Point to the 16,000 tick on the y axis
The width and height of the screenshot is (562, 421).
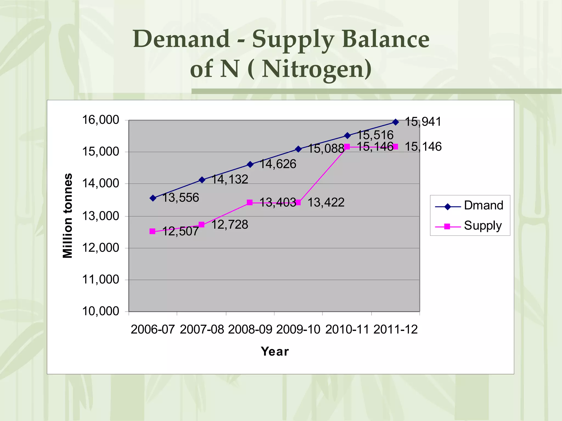100,120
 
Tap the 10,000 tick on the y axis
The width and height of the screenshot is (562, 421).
100,311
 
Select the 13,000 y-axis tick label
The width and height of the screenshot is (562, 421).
100,216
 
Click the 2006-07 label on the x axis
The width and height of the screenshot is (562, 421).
153,329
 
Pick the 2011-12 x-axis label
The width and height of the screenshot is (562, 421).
395,329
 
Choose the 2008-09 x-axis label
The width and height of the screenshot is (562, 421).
250,329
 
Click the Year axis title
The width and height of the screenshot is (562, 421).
275,351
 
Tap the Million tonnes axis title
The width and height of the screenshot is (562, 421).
68,216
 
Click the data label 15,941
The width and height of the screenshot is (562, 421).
423,122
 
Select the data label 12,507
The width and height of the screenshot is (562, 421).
180,231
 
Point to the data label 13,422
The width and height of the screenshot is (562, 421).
326,203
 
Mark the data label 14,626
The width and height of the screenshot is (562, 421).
278,164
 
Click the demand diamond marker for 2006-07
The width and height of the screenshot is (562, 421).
153,198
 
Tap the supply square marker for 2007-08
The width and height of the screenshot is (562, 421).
201,225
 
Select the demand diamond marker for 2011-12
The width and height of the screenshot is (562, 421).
395,122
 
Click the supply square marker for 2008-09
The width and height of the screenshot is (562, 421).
250,203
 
